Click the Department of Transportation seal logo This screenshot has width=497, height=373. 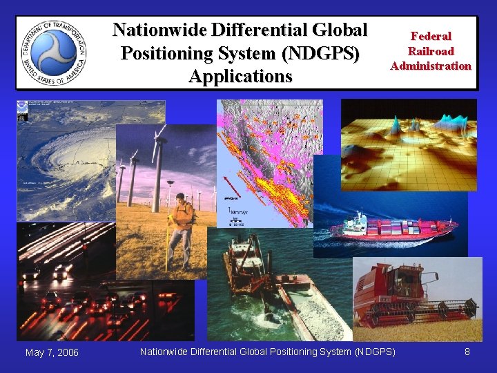point(52,53)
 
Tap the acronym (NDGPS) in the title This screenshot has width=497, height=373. point(323,53)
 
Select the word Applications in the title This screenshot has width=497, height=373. point(240,76)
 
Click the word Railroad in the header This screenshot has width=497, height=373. point(431,51)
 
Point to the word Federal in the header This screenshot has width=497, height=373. point(431,36)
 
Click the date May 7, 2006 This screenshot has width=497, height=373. point(52,353)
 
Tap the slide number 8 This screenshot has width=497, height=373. point(467,352)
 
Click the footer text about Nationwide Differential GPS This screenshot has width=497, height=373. point(268,352)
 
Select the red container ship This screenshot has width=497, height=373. point(393,228)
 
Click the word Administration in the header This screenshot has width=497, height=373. point(431,66)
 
